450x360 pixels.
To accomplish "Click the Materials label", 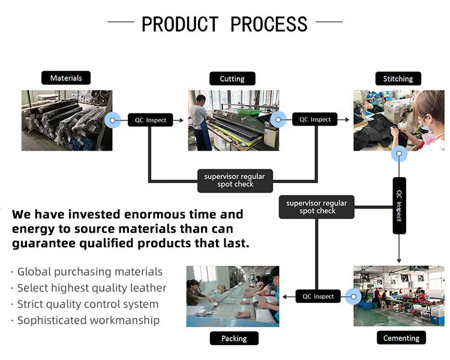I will click(66, 78).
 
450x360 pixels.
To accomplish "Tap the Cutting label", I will click(232, 79).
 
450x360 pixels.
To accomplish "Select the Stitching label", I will click(398, 79).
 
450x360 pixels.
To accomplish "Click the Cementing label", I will click(401, 338).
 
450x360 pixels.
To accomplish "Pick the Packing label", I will click(234, 338).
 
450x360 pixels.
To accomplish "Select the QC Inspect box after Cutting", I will click(315, 119).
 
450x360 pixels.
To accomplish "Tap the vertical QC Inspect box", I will click(400, 206).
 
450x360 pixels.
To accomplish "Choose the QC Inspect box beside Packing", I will click(318, 296).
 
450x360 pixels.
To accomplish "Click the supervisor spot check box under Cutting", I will click(235, 180).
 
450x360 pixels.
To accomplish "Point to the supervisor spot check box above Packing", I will click(317, 207).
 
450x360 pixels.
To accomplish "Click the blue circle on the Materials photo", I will click(112, 121).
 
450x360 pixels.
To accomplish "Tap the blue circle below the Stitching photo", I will click(399, 155).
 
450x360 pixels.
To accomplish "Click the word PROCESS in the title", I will click(269, 24).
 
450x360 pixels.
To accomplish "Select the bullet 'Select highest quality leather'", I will click(92, 288).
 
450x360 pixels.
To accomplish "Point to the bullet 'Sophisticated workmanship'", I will click(88, 320).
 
